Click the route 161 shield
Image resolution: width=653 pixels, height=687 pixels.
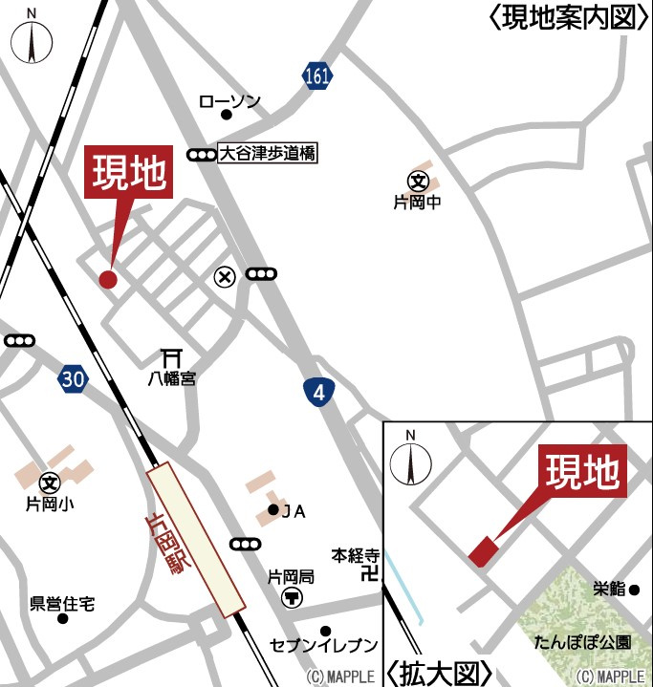pos(317,75)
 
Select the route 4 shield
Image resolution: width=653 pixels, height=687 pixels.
pos(318,391)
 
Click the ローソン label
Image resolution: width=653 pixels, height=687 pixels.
pos(229,101)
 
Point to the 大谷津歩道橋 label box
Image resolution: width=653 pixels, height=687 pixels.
pos(267,152)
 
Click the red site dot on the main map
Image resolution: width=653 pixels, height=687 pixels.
pos(108,279)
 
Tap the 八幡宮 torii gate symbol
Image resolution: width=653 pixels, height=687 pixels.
pos(172,358)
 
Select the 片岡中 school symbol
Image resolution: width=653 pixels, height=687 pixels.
pos(418,180)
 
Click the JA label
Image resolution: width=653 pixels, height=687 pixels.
pos(293,511)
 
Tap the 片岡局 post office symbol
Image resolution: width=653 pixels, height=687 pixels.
pos(291,598)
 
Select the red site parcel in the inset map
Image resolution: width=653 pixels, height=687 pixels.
pos(483,550)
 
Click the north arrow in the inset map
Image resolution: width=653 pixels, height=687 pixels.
pos(411,465)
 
